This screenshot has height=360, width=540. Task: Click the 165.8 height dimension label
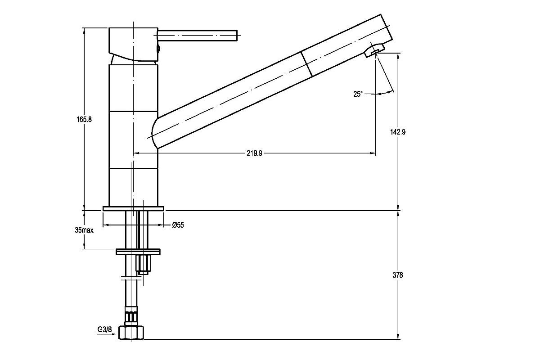[x=84, y=119]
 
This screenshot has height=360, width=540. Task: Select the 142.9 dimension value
[x=398, y=132]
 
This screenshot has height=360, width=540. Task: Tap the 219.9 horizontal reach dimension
[x=254, y=153]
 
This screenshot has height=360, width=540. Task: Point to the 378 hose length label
[x=398, y=275]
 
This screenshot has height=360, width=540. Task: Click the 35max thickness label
[x=84, y=230]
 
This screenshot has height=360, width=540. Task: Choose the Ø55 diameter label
[x=178, y=225]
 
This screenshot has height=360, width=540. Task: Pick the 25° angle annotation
[x=358, y=94]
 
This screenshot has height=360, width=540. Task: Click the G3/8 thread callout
[x=104, y=329]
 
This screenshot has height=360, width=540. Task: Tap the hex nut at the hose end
[x=131, y=333]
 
